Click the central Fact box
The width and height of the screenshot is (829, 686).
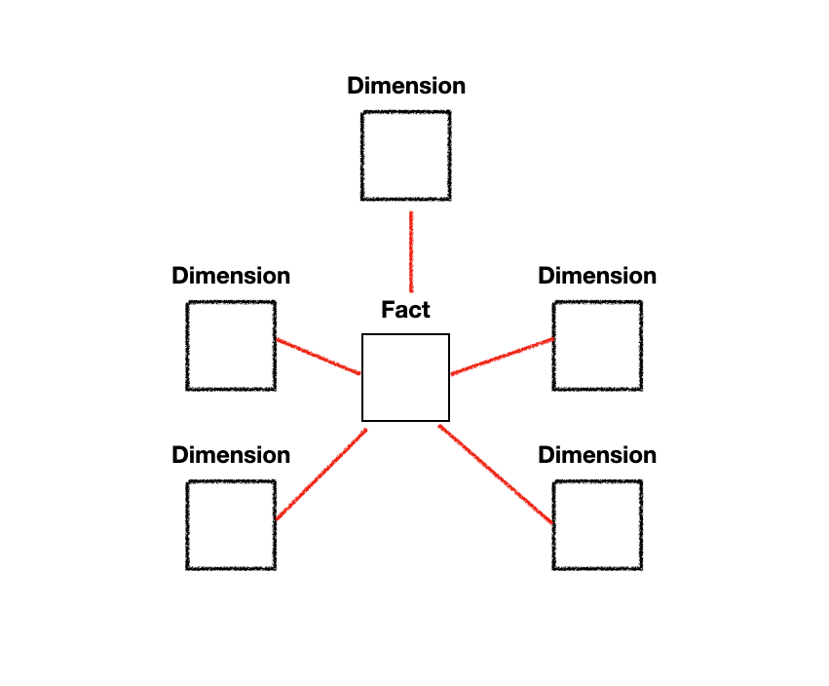pyautogui.click(x=405, y=377)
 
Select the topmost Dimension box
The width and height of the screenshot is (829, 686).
pyautogui.click(x=405, y=155)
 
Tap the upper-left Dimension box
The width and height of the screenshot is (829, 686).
pyautogui.click(x=231, y=346)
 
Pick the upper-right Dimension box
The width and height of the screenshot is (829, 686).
pyautogui.click(x=597, y=346)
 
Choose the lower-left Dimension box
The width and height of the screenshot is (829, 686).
pyautogui.click(x=231, y=525)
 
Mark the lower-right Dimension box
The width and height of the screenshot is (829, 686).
pyautogui.click(x=597, y=525)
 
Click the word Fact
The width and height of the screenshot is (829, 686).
pyautogui.click(x=405, y=311)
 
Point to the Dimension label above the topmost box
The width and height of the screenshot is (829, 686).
pyautogui.click(x=405, y=86)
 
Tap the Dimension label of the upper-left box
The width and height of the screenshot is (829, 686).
pyautogui.click(x=231, y=276)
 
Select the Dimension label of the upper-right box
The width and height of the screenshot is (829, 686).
pyautogui.click(x=597, y=276)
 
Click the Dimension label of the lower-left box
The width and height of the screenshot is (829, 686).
pyautogui.click(x=231, y=455)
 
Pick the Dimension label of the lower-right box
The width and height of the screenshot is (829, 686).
pyautogui.click(x=597, y=455)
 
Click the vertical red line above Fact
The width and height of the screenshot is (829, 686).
pyautogui.click(x=411, y=251)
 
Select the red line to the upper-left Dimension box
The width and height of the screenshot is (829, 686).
pyautogui.click(x=318, y=356)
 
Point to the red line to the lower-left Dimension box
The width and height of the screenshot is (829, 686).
pyautogui.click(x=321, y=475)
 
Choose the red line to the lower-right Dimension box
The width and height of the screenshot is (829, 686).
pyautogui.click(x=496, y=475)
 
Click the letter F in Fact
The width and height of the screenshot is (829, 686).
pyautogui.click(x=387, y=311)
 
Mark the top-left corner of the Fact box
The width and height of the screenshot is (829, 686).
pyautogui.click(x=362, y=334)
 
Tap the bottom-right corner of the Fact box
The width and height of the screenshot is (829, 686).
pyautogui.click(x=448, y=420)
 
